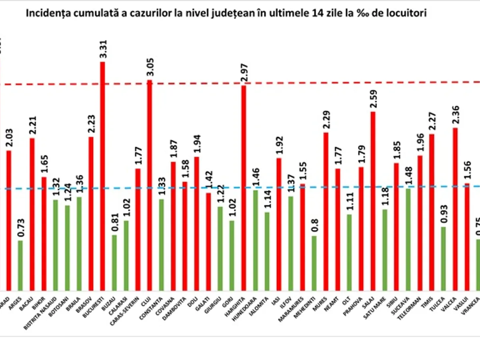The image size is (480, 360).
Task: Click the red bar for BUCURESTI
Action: pyautogui.click(x=102, y=176)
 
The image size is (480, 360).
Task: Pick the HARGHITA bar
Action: pyautogui.click(x=243, y=188)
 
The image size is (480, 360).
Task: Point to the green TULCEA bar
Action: pyautogui.click(x=443, y=258)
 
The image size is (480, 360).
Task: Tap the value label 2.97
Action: pyautogui.click(x=244, y=73)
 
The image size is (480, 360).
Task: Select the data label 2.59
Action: pyautogui.click(x=373, y=100)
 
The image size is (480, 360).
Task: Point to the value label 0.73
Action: pyautogui.click(x=20, y=229)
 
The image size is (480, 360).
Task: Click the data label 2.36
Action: pyautogui.click(x=456, y=116)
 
